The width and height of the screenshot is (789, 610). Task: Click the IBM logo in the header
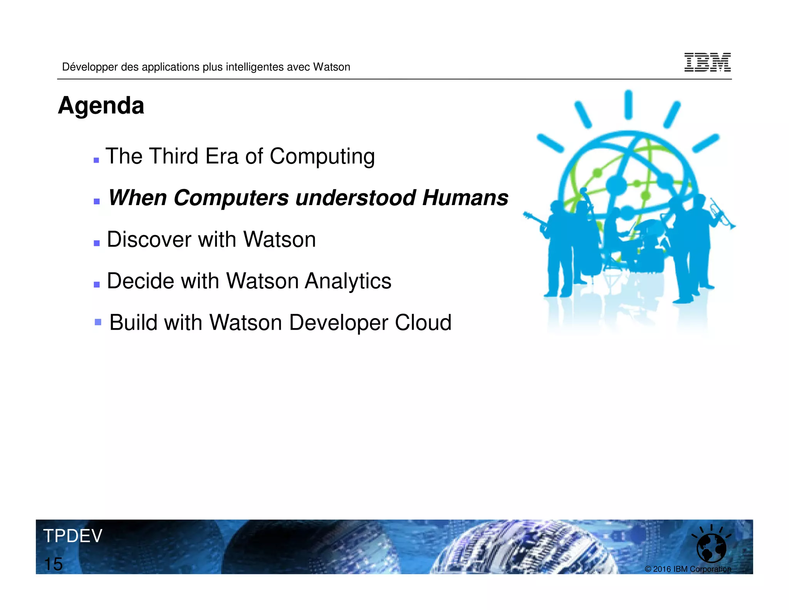(707, 62)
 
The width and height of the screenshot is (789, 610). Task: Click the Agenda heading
(101, 106)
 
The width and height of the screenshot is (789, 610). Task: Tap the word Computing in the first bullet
(322, 157)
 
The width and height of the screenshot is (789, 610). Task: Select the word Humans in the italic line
(465, 198)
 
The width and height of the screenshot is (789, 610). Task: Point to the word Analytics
(348, 281)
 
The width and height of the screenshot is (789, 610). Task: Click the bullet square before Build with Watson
(98, 322)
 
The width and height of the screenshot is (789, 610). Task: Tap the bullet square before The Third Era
(96, 160)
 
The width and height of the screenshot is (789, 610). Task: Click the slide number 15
(53, 564)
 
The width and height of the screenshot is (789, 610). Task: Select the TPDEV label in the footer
(72, 536)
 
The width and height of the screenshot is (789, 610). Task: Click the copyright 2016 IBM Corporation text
(688, 569)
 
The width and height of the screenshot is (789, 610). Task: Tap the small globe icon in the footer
(711, 548)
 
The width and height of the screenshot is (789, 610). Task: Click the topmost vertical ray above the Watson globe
(628, 104)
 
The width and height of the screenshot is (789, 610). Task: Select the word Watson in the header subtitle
(331, 67)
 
